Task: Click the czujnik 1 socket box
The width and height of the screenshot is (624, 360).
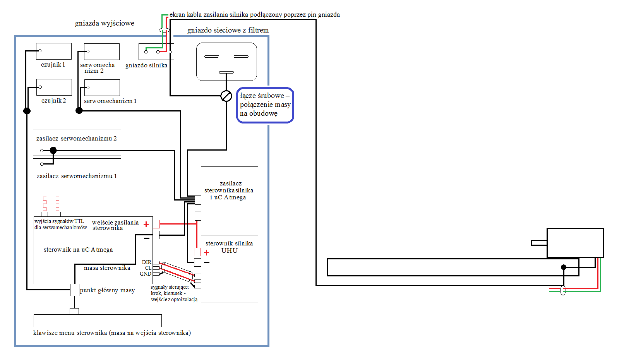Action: [54, 51]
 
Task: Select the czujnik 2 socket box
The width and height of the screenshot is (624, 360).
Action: [54, 87]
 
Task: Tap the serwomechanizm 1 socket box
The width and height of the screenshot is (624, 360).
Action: [102, 88]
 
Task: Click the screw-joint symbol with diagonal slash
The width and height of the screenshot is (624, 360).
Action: [226, 96]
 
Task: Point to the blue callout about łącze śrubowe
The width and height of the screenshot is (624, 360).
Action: [265, 105]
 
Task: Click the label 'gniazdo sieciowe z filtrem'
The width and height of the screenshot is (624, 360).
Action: [228, 30]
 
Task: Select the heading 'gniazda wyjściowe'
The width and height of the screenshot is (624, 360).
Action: [105, 23]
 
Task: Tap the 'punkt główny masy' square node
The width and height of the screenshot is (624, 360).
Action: [74, 290]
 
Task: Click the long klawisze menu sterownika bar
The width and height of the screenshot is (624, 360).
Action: [98, 321]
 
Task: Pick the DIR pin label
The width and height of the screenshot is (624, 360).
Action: [147, 262]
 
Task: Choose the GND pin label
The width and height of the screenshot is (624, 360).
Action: [146, 274]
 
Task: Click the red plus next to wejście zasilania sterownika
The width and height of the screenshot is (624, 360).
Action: [146, 225]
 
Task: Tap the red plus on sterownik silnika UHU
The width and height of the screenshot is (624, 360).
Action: [206, 253]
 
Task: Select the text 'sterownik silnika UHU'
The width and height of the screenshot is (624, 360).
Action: [229, 247]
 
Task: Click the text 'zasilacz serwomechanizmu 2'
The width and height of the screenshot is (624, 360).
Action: [77, 139]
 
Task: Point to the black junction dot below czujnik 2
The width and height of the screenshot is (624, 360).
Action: [27, 111]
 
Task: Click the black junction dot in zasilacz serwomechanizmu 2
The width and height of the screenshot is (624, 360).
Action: [53, 151]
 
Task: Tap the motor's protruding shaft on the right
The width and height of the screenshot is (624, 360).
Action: [539, 243]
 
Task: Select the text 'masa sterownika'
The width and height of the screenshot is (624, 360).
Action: [107, 268]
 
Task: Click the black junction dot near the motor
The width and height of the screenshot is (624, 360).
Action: [564, 267]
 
